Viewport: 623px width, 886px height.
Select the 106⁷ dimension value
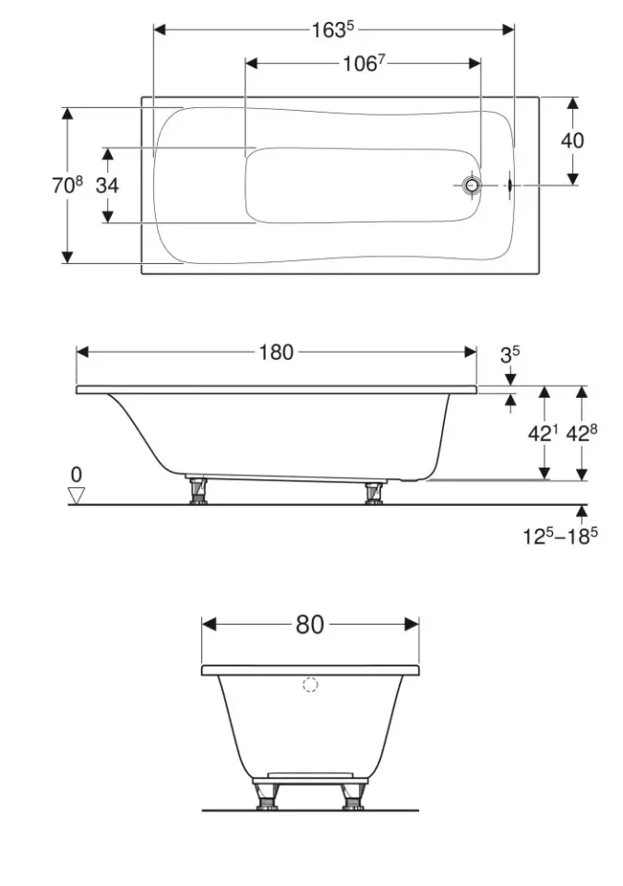coord(364,64)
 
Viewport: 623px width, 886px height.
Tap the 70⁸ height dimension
coord(67,185)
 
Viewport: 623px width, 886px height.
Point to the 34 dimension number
coord(107,185)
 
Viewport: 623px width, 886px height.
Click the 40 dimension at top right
coord(572,140)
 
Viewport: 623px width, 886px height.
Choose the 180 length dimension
coord(276,353)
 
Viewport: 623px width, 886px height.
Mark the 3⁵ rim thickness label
coord(509,354)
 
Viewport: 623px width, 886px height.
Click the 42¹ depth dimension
coord(543,434)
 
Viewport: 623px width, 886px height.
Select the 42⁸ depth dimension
coord(581,434)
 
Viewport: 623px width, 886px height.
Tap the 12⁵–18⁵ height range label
coord(559,535)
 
